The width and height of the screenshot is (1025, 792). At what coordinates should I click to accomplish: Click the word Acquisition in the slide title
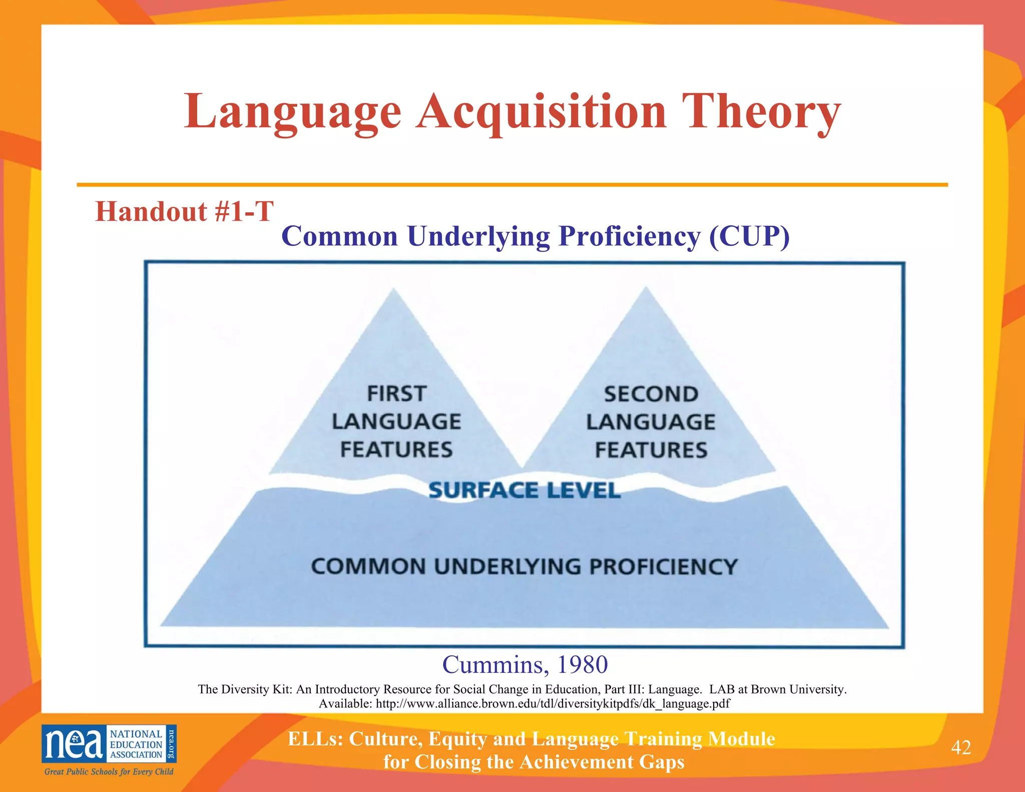tap(542, 111)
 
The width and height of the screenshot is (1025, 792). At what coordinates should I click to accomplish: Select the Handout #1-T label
tap(184, 211)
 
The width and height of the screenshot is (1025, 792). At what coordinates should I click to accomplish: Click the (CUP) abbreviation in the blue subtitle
tap(749, 236)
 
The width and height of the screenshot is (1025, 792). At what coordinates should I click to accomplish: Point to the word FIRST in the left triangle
tap(397, 393)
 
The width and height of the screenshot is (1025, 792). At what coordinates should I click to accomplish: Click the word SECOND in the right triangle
tap(651, 394)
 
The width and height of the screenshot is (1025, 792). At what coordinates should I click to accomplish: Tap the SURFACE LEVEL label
tap(525, 490)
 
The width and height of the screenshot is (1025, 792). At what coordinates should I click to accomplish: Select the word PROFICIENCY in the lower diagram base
tap(663, 567)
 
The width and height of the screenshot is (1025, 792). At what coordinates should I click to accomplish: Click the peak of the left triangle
tap(394, 290)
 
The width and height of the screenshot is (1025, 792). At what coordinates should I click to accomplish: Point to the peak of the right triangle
tap(646, 289)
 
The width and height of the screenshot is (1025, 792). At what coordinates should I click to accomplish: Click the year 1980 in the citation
tap(582, 665)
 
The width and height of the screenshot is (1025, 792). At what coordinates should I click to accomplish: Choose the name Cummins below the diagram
tap(492, 665)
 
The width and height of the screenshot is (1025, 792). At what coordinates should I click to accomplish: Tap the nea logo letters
tap(74, 743)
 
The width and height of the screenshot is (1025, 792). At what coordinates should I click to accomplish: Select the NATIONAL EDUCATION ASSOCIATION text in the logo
tap(136, 744)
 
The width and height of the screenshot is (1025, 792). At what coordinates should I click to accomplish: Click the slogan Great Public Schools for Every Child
tap(109, 771)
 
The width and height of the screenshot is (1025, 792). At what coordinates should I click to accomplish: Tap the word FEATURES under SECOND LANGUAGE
tap(651, 450)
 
